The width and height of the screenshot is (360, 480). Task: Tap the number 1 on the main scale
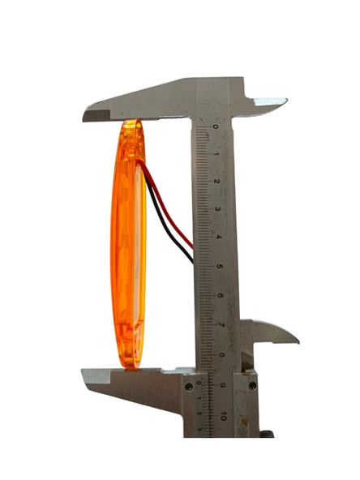[216, 154]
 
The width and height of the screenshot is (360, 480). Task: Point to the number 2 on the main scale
[217, 182]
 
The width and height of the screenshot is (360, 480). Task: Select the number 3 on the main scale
[218, 210]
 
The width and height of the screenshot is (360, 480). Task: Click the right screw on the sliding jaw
[252, 384]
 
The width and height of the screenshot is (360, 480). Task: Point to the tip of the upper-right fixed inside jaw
[284, 102]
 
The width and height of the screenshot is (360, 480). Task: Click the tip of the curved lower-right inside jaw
[296, 340]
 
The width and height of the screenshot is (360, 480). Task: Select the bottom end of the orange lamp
[130, 367]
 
